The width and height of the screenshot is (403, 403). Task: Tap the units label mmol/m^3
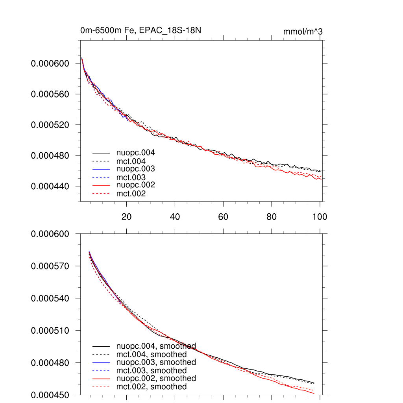pyautogui.click(x=303, y=31)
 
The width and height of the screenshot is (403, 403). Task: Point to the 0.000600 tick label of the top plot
pyautogui.click(x=50, y=64)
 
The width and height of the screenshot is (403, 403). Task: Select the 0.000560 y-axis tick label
pyautogui.click(x=50, y=94)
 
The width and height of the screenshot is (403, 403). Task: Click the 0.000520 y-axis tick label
pyautogui.click(x=50, y=125)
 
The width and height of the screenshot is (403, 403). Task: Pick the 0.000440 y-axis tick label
pyautogui.click(x=50, y=186)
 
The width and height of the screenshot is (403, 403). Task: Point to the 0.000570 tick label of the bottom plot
pyautogui.click(x=50, y=266)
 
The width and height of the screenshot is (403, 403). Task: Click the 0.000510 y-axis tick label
pyautogui.click(x=50, y=331)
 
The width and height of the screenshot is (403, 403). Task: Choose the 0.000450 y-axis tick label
pyautogui.click(x=50, y=395)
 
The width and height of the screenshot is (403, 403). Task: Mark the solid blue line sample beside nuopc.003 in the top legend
pyautogui.click(x=101, y=169)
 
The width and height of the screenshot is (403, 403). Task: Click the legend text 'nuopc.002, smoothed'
pyautogui.click(x=156, y=378)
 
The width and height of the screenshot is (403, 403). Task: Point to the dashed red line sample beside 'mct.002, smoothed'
pyautogui.click(x=101, y=387)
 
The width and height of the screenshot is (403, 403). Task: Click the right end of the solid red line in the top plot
pyautogui.click(x=322, y=179)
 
